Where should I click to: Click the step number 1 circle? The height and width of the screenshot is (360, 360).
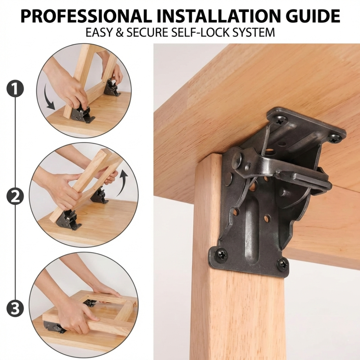(x=15, y=89)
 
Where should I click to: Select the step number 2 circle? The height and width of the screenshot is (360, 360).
(x=15, y=197)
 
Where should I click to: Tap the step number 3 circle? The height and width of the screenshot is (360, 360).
(x=15, y=309)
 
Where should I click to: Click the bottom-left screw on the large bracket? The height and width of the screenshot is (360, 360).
(x=221, y=255)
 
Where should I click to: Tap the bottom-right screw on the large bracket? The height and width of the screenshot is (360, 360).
(x=283, y=264)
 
